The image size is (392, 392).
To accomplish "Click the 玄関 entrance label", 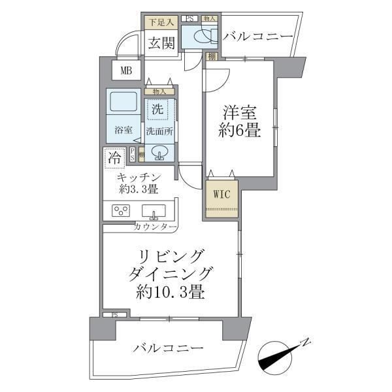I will (159, 44).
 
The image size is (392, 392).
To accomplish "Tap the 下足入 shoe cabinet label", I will (159, 23).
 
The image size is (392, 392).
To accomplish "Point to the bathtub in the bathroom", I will (122, 103).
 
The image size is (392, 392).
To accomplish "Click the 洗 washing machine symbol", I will (157, 109).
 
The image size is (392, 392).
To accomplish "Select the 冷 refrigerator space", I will (114, 157).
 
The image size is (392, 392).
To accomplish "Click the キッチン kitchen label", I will (139, 178).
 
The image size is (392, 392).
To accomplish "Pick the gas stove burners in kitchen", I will (121, 211).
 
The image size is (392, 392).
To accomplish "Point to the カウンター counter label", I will (155, 227).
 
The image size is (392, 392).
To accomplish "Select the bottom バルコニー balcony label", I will (165, 348).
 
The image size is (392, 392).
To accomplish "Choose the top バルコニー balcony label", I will (258, 37).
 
